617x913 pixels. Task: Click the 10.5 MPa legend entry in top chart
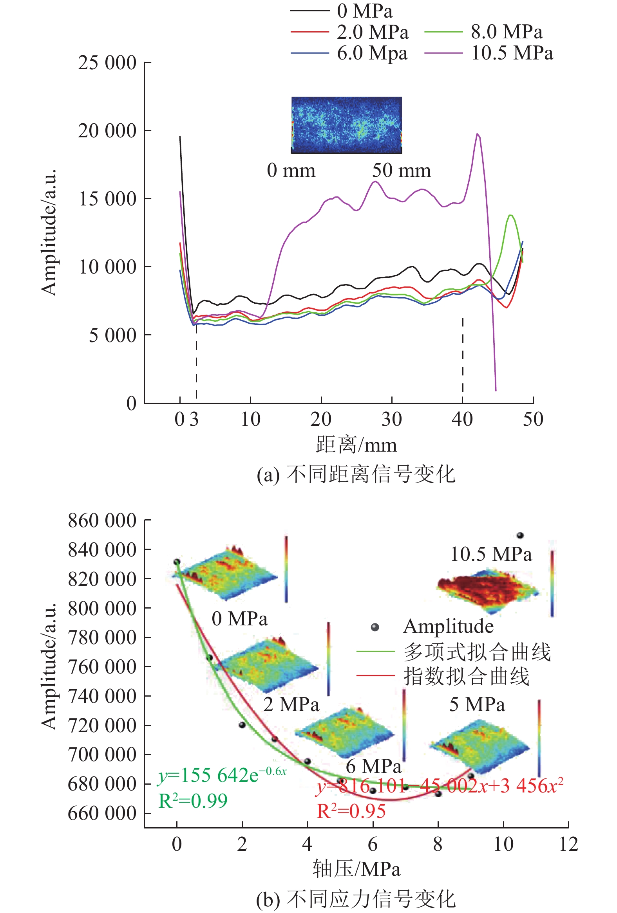tap(512, 53)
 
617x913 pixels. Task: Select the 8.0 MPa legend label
tap(507, 32)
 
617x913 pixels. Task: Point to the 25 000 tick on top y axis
tap(107, 63)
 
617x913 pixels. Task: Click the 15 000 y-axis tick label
tap(107, 199)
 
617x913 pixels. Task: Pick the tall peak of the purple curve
tap(478, 134)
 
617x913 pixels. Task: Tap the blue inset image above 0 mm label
tap(346, 124)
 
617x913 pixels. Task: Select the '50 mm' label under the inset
tap(402, 171)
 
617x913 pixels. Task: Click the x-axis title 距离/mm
tap(356, 445)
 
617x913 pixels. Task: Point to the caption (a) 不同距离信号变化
tap(356, 474)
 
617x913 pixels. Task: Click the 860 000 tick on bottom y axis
tap(102, 520)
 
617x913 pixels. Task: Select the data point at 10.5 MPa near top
tap(520, 535)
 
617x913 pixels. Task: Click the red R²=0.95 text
tap(351, 811)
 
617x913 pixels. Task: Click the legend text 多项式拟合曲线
tap(477, 652)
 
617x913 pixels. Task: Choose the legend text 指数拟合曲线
tap(467, 676)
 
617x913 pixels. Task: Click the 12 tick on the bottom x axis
tap(568, 844)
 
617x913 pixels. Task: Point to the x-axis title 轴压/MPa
tap(356, 869)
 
